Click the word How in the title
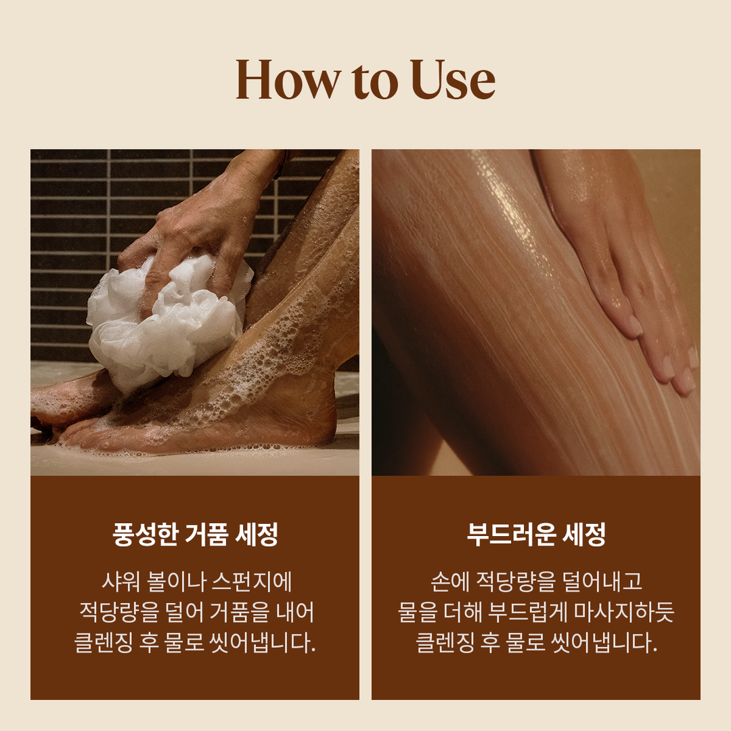coord(288,79)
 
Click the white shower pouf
coord(168,317)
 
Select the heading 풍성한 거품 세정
coord(196,534)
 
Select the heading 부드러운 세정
coord(536,534)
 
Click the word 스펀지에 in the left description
coord(252,582)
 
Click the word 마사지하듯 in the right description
coord(624,612)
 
